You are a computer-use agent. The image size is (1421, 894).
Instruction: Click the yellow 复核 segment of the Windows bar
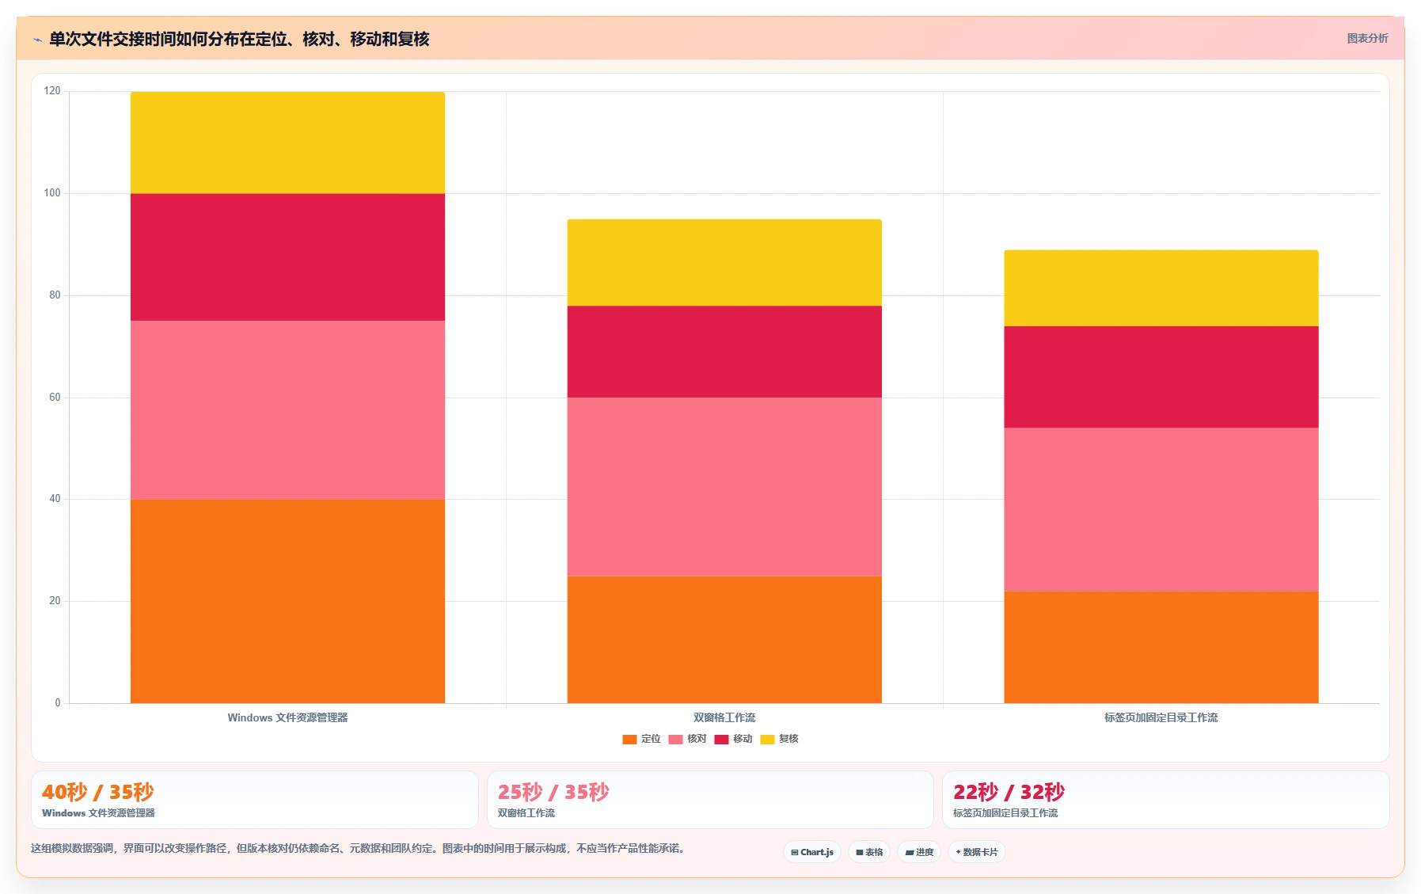pyautogui.click(x=287, y=143)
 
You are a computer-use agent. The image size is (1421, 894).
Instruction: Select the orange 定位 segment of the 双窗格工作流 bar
pyautogui.click(x=724, y=639)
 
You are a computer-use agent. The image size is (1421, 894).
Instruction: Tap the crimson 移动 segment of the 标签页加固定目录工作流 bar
pyautogui.click(x=1161, y=377)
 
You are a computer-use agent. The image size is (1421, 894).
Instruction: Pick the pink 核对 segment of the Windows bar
pyautogui.click(x=287, y=410)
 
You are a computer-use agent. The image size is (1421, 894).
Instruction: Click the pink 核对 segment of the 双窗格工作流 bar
pyautogui.click(x=724, y=486)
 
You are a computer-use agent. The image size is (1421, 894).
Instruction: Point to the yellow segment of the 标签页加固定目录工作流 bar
pyautogui.click(x=1161, y=288)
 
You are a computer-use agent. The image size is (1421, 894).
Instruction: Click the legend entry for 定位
pyautogui.click(x=641, y=739)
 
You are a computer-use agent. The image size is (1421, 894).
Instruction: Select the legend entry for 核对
pyautogui.click(x=687, y=739)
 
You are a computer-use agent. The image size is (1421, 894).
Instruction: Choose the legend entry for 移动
pyautogui.click(x=733, y=739)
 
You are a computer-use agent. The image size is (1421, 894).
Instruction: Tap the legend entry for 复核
pyautogui.click(x=779, y=739)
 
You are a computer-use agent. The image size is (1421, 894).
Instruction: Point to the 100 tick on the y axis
pyautogui.click(x=52, y=193)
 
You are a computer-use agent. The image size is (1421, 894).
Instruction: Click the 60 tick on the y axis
pyautogui.click(x=55, y=398)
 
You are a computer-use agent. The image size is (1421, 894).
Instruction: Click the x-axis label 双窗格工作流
pyautogui.click(x=724, y=717)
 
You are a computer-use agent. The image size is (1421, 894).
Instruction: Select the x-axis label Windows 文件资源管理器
pyautogui.click(x=287, y=717)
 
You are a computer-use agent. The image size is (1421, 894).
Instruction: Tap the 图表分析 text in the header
pyautogui.click(x=1367, y=38)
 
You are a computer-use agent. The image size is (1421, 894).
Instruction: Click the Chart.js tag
pyautogui.click(x=812, y=852)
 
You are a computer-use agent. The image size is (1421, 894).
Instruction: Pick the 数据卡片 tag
pyautogui.click(x=977, y=852)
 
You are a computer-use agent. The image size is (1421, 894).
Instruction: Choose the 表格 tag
pyautogui.click(x=869, y=852)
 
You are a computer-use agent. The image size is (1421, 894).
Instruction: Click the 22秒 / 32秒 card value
pyautogui.click(x=1009, y=792)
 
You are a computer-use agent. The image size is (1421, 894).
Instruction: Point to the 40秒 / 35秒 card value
pyautogui.click(x=98, y=792)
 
